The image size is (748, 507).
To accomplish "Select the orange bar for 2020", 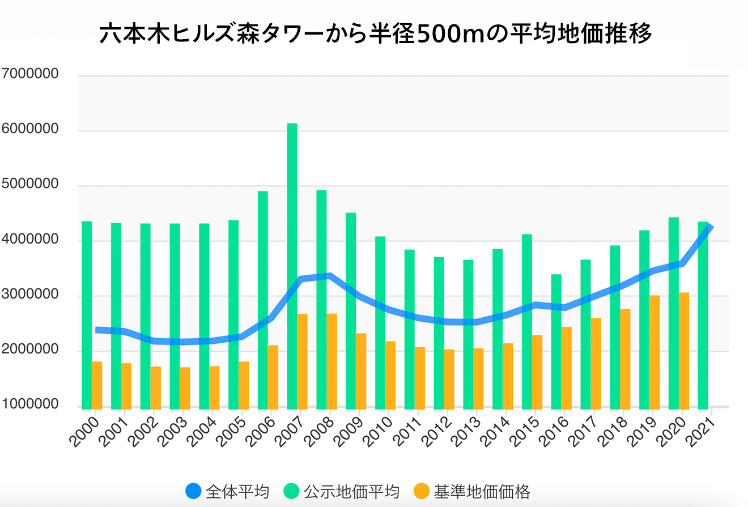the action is [x=683, y=350].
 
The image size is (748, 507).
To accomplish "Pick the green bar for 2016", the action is [x=556, y=340].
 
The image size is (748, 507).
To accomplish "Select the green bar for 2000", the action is [x=87, y=314].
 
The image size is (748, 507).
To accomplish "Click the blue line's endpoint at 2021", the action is [x=710, y=227].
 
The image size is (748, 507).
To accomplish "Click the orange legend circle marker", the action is [x=421, y=491].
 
